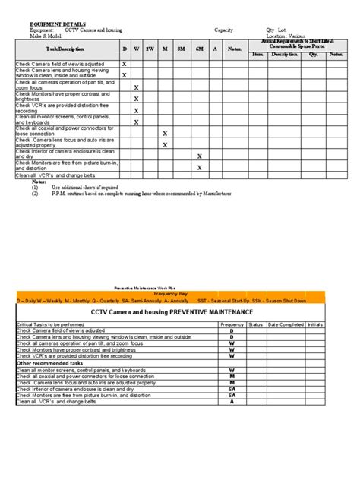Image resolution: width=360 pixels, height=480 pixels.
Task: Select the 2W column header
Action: tap(150, 49)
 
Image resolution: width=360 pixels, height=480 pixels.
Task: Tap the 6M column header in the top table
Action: tap(199, 49)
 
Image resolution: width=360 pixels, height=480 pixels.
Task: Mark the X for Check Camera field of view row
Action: tap(125, 65)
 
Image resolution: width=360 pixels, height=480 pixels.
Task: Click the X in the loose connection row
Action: tap(165, 133)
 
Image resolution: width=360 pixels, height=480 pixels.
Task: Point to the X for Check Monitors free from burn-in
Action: tap(199, 167)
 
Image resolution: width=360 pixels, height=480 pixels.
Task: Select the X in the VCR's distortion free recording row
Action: tap(137, 110)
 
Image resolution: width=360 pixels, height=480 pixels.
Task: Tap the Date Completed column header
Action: tap(285, 324)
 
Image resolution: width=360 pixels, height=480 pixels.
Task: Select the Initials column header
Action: tap(314, 324)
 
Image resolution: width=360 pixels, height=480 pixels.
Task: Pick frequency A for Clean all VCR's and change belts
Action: tap(232, 401)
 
